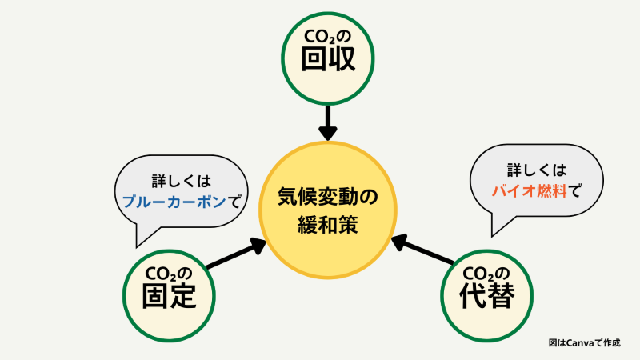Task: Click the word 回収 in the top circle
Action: point(328,62)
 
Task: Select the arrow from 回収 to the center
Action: point(327,124)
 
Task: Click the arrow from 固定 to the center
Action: point(236,254)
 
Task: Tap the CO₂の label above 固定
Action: point(169,270)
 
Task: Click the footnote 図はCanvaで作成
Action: point(584,342)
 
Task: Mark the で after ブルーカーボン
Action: point(233,202)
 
